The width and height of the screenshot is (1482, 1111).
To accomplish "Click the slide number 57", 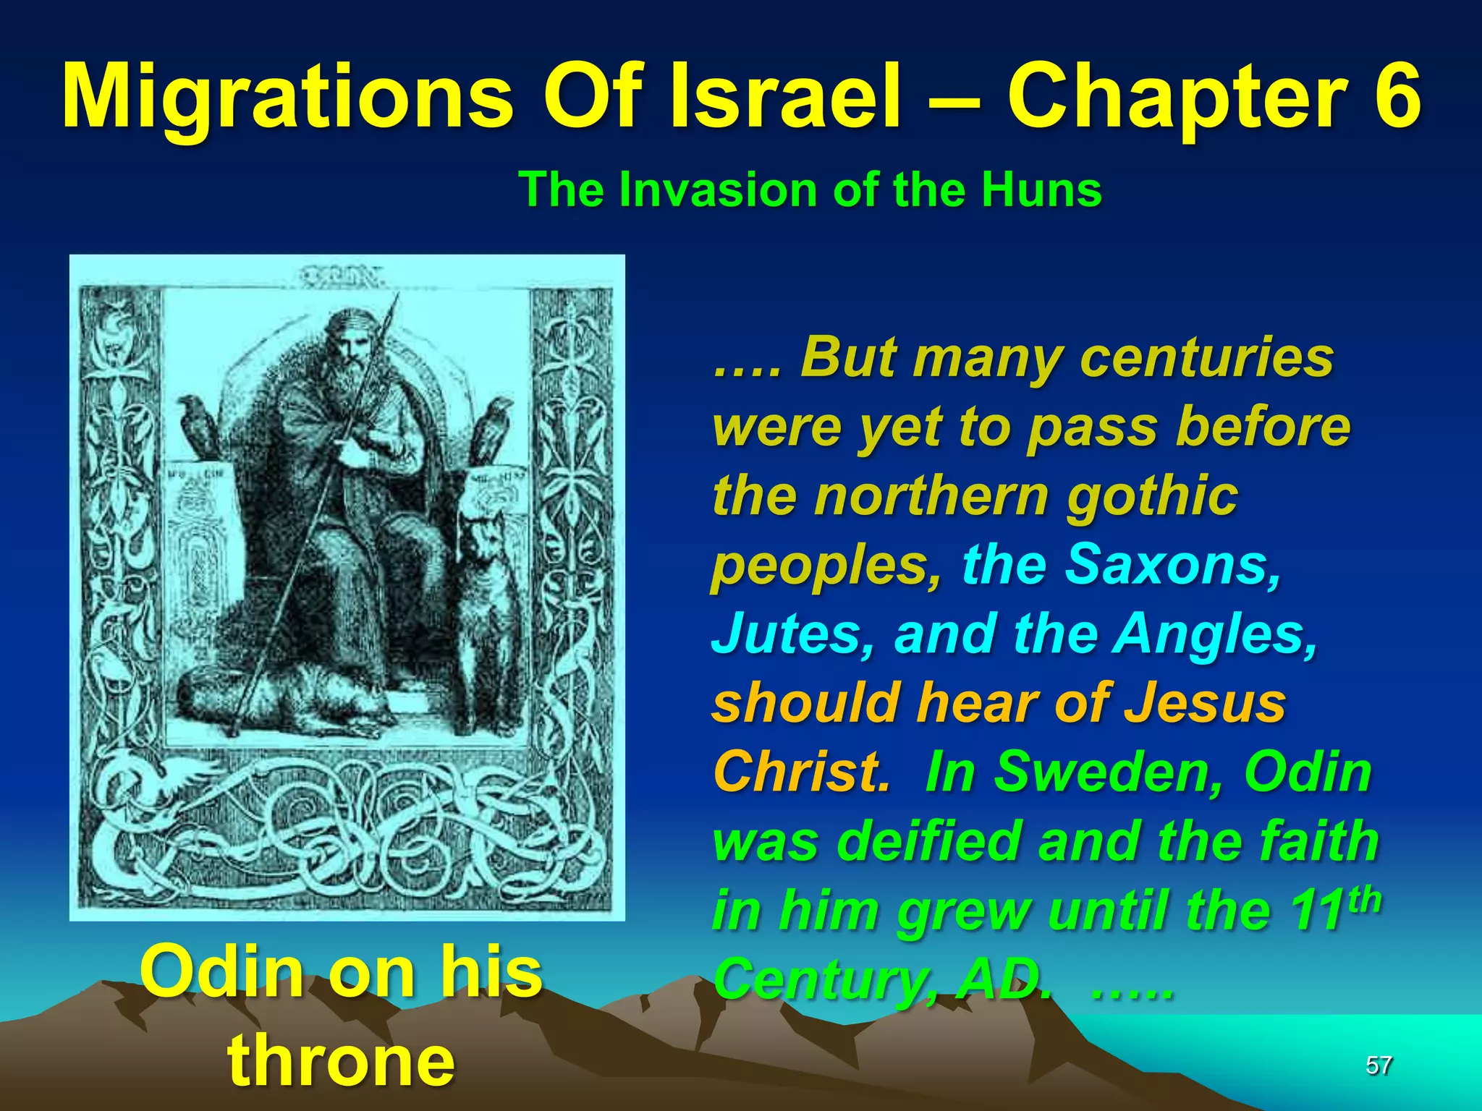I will tap(1379, 1065).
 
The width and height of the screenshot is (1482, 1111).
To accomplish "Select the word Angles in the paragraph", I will tap(1215, 634).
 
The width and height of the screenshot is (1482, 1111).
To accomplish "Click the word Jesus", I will tap(1205, 703).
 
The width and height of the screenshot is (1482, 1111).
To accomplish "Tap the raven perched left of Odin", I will tap(198, 424).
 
